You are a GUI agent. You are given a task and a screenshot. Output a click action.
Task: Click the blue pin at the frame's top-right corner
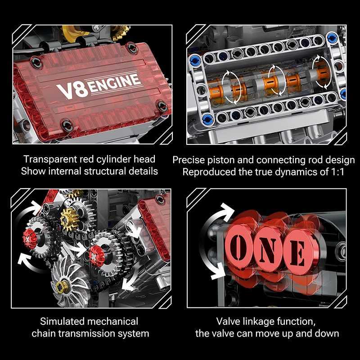[331, 37]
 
